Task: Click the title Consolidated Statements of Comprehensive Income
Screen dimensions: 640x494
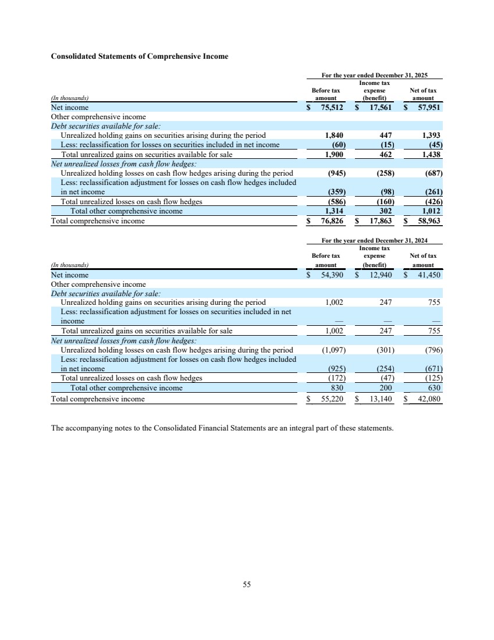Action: coord(140,56)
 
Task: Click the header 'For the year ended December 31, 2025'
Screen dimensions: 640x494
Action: coord(382,75)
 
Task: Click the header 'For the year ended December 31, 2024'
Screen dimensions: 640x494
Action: coord(382,241)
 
